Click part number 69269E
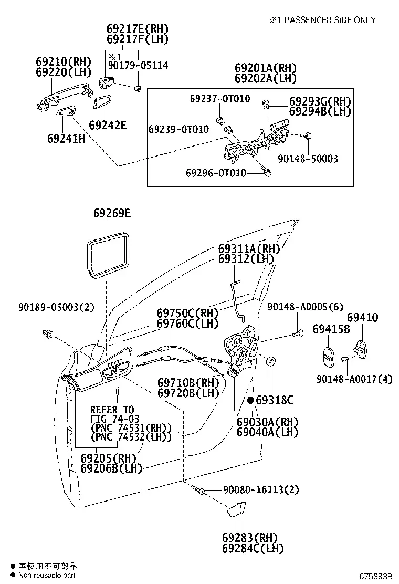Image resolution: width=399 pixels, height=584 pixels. click(112, 213)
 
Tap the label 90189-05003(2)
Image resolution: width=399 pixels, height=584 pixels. click(56, 307)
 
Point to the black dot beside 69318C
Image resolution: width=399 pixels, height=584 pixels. click(251, 400)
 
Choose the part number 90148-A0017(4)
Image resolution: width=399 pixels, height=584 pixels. click(354, 379)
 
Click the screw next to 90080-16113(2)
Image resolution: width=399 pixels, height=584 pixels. click(198, 489)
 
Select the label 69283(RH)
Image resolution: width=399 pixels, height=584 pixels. click(250, 537)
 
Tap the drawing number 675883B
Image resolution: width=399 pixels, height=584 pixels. click(376, 576)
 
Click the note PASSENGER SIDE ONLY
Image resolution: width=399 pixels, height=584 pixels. click(330, 20)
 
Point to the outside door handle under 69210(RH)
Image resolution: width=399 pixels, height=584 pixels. click(64, 97)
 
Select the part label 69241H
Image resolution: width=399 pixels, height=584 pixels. click(66, 139)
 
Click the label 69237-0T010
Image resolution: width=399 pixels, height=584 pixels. click(220, 99)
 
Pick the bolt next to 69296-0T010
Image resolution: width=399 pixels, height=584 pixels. click(267, 171)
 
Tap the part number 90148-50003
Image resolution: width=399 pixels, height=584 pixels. click(308, 159)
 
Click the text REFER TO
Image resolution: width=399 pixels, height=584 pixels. click(112, 410)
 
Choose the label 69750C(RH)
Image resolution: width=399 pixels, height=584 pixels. click(187, 313)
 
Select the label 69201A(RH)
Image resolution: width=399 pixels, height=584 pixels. click(266, 68)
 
